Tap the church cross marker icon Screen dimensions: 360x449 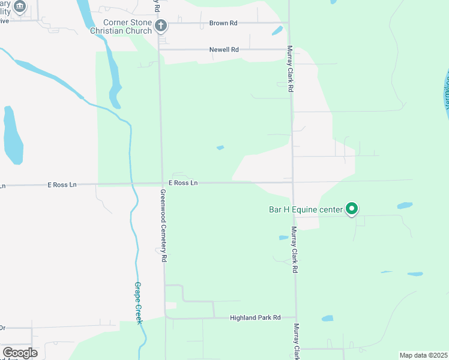pyautogui.click(x=160, y=25)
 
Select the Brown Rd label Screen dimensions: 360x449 pyautogui.click(x=223, y=23)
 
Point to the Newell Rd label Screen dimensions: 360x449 pyautogui.click(x=224, y=50)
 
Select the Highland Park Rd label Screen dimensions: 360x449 pyautogui.click(x=256, y=317)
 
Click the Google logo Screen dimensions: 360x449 pyautogui.click(x=20, y=353)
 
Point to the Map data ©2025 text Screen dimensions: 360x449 pyautogui.click(x=423, y=355)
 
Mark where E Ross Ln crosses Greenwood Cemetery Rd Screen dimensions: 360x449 pyautogui.click(x=161, y=184)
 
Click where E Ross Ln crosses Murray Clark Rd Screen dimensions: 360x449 pyautogui.click(x=293, y=182)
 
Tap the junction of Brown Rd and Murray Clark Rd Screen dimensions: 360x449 pyautogui.click(x=289, y=23)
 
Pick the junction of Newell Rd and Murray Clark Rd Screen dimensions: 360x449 pyautogui.click(x=289, y=50)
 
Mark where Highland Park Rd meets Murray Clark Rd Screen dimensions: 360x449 pyautogui.click(x=295, y=317)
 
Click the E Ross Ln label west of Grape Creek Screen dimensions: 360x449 pyautogui.click(x=62, y=185)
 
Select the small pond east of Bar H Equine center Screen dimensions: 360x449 pyautogui.click(x=405, y=205)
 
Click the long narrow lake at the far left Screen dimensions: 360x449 pyautogui.click(x=12, y=135)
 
